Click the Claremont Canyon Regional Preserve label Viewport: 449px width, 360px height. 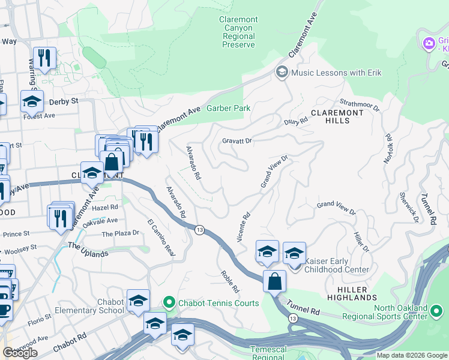238,32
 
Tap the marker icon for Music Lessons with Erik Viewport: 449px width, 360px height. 282,73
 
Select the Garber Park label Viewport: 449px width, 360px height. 228,108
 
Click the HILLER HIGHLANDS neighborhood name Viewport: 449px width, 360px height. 352,293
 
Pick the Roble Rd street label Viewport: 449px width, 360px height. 230,281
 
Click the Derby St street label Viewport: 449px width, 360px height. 67,101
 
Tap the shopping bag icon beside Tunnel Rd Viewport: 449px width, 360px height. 274,281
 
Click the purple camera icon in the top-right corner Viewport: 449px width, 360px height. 429,43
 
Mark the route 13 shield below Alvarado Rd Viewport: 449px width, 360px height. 200,230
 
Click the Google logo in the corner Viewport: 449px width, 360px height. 20,353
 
